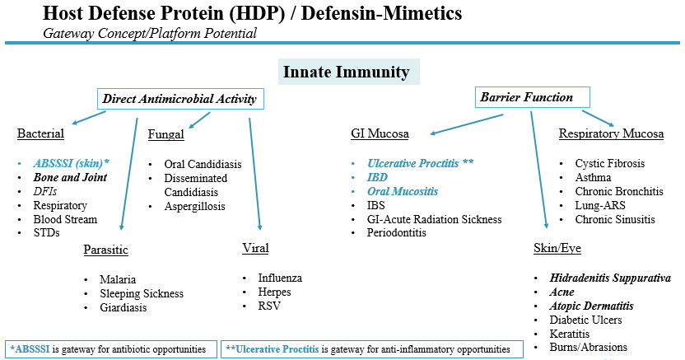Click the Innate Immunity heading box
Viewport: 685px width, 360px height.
(x=348, y=72)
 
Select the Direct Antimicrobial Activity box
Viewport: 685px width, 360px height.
(x=180, y=99)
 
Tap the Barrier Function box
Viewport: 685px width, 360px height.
(x=532, y=97)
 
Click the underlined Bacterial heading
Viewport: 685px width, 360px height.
(x=40, y=133)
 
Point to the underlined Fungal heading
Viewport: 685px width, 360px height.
(x=166, y=134)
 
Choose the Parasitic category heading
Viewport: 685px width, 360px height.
(x=105, y=250)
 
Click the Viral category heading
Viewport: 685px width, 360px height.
(x=255, y=248)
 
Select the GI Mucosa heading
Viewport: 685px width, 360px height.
(x=380, y=133)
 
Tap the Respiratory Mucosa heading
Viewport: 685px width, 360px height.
(x=611, y=133)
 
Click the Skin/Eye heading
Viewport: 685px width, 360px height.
(x=557, y=248)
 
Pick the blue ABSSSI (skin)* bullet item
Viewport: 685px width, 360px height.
(x=71, y=163)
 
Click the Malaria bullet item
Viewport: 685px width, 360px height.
(x=118, y=279)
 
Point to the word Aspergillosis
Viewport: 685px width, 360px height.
(x=194, y=206)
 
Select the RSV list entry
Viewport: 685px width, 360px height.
(x=269, y=306)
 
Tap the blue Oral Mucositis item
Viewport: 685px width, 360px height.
(x=403, y=191)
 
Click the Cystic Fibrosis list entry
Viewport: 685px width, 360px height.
(x=609, y=163)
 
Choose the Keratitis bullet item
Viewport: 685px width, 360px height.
(x=569, y=334)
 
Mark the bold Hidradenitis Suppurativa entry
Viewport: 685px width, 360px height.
(x=610, y=278)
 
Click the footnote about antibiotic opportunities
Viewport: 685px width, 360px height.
(x=111, y=349)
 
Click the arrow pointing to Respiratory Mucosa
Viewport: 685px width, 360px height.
(x=598, y=119)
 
